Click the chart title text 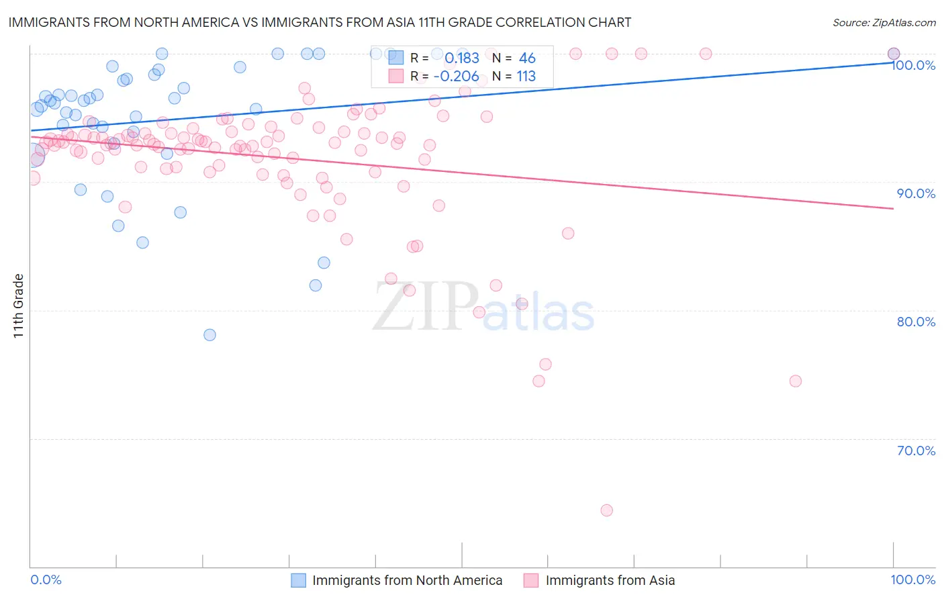[320, 22]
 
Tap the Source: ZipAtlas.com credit [884, 23]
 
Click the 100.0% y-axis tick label [913, 65]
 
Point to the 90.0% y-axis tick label [916, 193]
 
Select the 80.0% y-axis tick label [916, 322]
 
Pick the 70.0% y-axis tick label [916, 451]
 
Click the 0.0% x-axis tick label [46, 580]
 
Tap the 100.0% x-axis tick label [912, 580]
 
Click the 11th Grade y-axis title [19, 306]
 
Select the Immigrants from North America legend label [407, 580]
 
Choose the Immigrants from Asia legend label [610, 580]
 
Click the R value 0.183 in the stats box [462, 58]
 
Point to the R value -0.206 [457, 77]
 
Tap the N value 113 [526, 77]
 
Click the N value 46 [527, 58]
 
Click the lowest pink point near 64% [606, 510]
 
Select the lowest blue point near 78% [209, 334]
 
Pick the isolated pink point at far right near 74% [795, 381]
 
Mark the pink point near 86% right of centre [568, 234]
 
